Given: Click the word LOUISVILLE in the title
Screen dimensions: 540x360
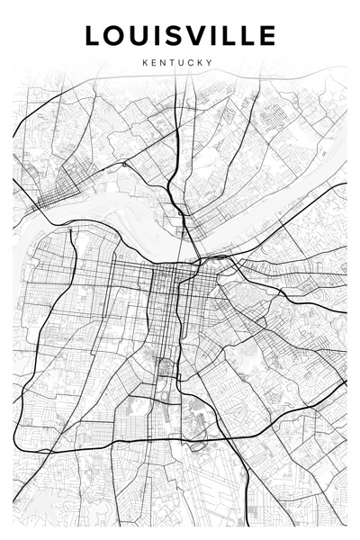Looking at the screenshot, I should click(180, 36).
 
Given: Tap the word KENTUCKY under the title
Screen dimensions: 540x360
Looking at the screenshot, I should click(177, 63).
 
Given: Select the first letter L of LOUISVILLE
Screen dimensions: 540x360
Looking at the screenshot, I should click(94, 36).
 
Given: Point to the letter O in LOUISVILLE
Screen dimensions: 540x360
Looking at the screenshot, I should click(117, 36).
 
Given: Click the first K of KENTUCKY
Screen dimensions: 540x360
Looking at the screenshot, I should click(145, 63).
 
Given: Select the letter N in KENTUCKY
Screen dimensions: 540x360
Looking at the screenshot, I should click(164, 63).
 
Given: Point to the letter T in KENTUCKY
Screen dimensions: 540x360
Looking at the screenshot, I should click(173, 63).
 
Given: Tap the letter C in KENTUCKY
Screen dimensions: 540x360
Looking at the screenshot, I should click(192, 63).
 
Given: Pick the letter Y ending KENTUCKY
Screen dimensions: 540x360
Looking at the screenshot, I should click(210, 63).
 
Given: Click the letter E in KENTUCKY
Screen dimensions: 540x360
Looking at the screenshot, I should click(154, 63).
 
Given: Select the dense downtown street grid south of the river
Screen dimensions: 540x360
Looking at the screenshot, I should click(166, 288).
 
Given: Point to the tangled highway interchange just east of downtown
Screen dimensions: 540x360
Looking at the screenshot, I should click(216, 265).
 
